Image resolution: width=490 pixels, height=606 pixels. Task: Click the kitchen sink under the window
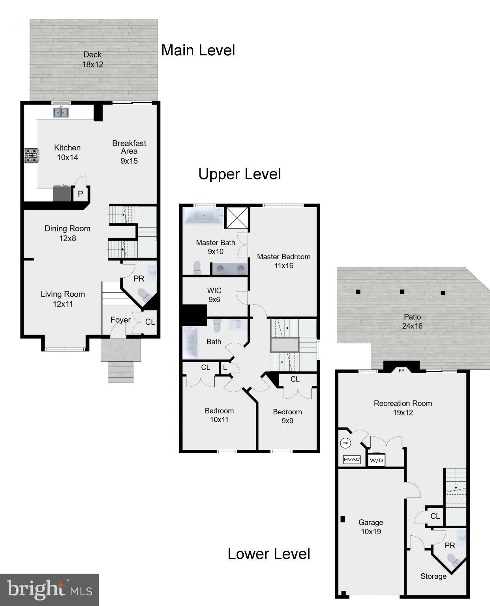[x=61, y=113]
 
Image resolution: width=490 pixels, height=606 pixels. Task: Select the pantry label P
[x=80, y=194]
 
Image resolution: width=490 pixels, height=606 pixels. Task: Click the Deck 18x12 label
[x=92, y=60]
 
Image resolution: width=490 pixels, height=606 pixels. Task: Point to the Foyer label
[x=120, y=320]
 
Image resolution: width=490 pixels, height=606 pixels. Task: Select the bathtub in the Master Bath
[x=203, y=216]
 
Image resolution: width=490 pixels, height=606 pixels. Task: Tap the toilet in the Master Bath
[x=197, y=267]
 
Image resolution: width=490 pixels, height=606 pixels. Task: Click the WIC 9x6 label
[x=214, y=295]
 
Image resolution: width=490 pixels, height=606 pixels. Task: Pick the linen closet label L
[x=225, y=368]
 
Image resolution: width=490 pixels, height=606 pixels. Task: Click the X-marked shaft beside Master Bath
[x=237, y=218]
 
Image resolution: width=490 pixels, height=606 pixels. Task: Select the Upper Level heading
[x=239, y=174]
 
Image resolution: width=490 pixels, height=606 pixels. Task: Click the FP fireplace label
[x=402, y=370]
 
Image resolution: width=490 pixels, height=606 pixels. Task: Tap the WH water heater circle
[x=345, y=443]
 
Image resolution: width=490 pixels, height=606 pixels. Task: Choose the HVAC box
[x=351, y=460]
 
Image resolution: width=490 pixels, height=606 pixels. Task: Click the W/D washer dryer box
[x=376, y=460]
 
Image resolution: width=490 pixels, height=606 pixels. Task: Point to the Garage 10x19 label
[x=370, y=527]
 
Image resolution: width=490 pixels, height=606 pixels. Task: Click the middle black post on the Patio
[x=402, y=292]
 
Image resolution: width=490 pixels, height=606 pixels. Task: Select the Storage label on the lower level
[x=433, y=576]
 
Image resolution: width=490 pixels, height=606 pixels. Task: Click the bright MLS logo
[x=49, y=590]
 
